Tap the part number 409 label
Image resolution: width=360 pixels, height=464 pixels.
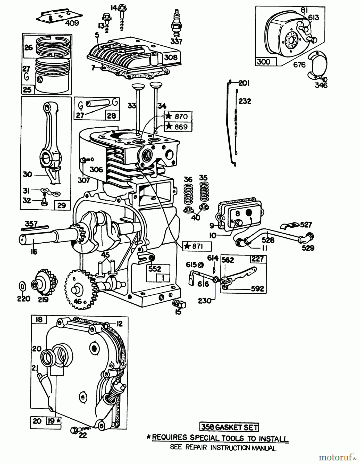pos(72,23)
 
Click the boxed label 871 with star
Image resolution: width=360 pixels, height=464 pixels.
pos(197,246)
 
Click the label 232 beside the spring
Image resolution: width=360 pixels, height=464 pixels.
pos(244,101)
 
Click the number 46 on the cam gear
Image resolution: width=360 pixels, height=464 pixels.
pos(78,301)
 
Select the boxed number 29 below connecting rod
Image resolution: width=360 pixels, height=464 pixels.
pos(62,205)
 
